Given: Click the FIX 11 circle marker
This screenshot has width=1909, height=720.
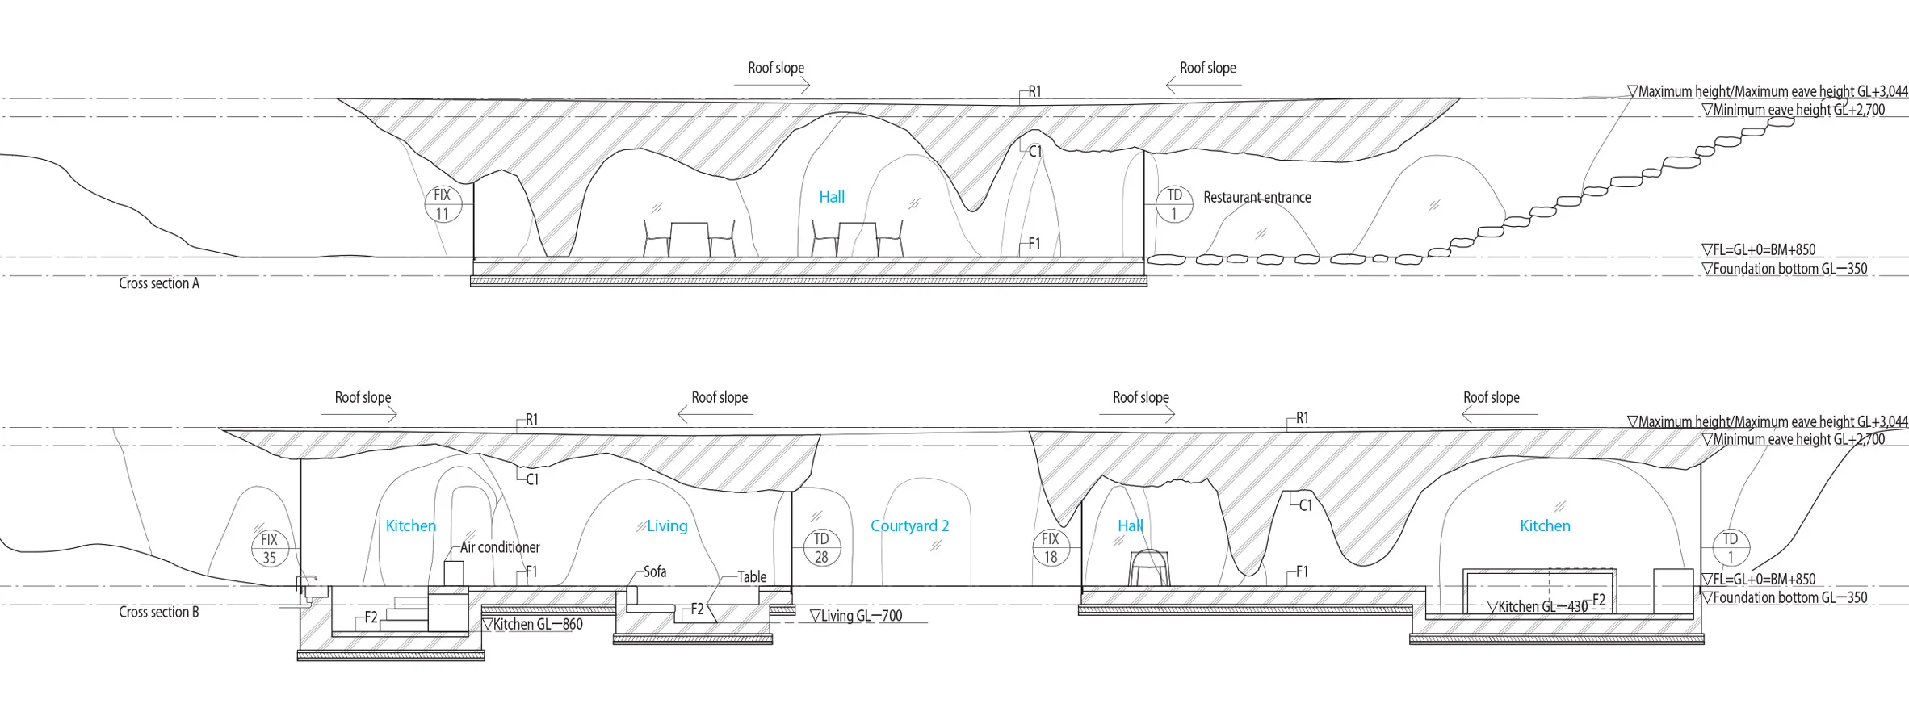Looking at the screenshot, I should coord(443,204).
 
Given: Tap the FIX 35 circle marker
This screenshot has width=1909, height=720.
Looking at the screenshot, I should coord(269,548).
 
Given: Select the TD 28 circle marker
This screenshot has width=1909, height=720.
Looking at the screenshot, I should coord(821,548).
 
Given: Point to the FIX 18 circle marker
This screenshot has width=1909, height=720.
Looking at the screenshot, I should coord(1051,548).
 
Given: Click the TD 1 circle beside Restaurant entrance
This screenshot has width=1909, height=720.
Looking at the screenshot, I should coord(1174,204).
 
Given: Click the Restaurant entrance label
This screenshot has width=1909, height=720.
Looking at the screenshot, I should coord(1257,197).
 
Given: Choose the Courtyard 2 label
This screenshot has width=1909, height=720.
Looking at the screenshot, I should coord(909,526).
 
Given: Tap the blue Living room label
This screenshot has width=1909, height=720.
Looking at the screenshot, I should coord(667,526).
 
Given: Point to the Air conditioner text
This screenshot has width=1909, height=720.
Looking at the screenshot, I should coord(500,547).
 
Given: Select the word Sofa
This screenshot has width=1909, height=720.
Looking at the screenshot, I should coord(655,571).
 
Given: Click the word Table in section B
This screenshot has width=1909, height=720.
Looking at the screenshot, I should coord(752,577).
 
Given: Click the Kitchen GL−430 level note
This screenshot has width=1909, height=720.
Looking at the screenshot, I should coord(1538,606).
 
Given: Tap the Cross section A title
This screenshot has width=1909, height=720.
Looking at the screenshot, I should coord(159,283).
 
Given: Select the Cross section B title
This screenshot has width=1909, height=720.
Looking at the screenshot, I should coord(159,612).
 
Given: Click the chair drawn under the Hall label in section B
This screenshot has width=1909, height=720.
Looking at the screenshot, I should coord(1148,568).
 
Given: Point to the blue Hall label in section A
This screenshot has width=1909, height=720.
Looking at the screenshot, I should coord(832,197).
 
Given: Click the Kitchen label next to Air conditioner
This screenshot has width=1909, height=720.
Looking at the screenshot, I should coord(410,526).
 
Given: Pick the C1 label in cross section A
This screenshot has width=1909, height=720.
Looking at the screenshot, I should coord(1035,151).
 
